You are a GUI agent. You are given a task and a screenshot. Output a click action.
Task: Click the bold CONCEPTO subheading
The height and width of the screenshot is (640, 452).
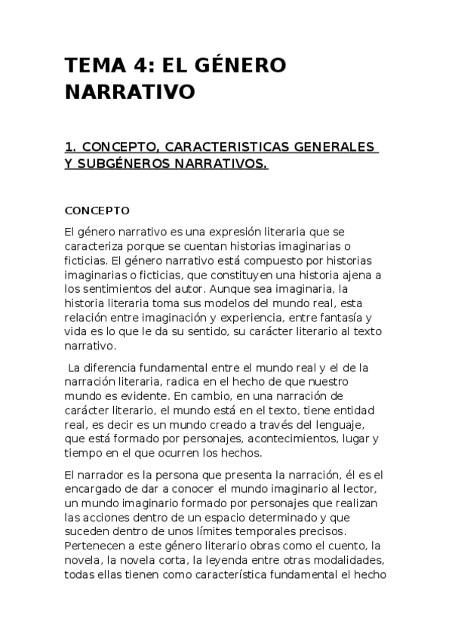(x=97, y=210)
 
